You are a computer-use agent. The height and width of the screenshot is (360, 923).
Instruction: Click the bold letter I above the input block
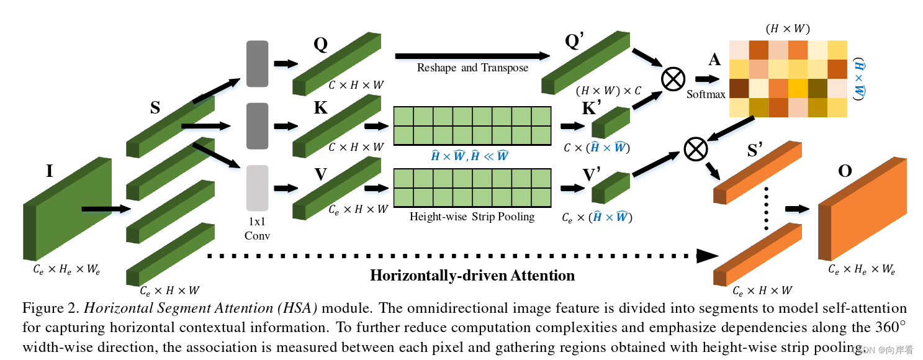[50, 171]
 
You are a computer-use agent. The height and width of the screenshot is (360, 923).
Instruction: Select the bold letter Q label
[320, 45]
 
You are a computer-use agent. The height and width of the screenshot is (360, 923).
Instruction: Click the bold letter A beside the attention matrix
[714, 60]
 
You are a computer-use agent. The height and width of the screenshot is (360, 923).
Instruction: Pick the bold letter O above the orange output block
[845, 171]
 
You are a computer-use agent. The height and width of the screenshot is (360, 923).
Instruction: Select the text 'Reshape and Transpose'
[472, 68]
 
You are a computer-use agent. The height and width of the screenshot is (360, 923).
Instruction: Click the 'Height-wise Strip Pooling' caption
[472, 217]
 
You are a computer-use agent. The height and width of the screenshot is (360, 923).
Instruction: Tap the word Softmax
[706, 95]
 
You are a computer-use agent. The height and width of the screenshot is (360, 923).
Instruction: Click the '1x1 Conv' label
[257, 228]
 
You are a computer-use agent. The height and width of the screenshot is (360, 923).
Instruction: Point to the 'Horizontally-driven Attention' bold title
[472, 275]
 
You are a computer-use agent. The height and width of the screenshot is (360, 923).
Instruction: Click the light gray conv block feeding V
[257, 188]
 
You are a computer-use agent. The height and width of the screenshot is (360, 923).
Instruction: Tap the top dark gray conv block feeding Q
[257, 63]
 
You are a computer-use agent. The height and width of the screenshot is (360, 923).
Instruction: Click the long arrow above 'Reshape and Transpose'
[472, 56]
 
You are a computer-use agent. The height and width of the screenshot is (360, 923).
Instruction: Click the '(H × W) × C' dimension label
[608, 91]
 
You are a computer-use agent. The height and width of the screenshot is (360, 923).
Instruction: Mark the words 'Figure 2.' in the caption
[50, 308]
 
